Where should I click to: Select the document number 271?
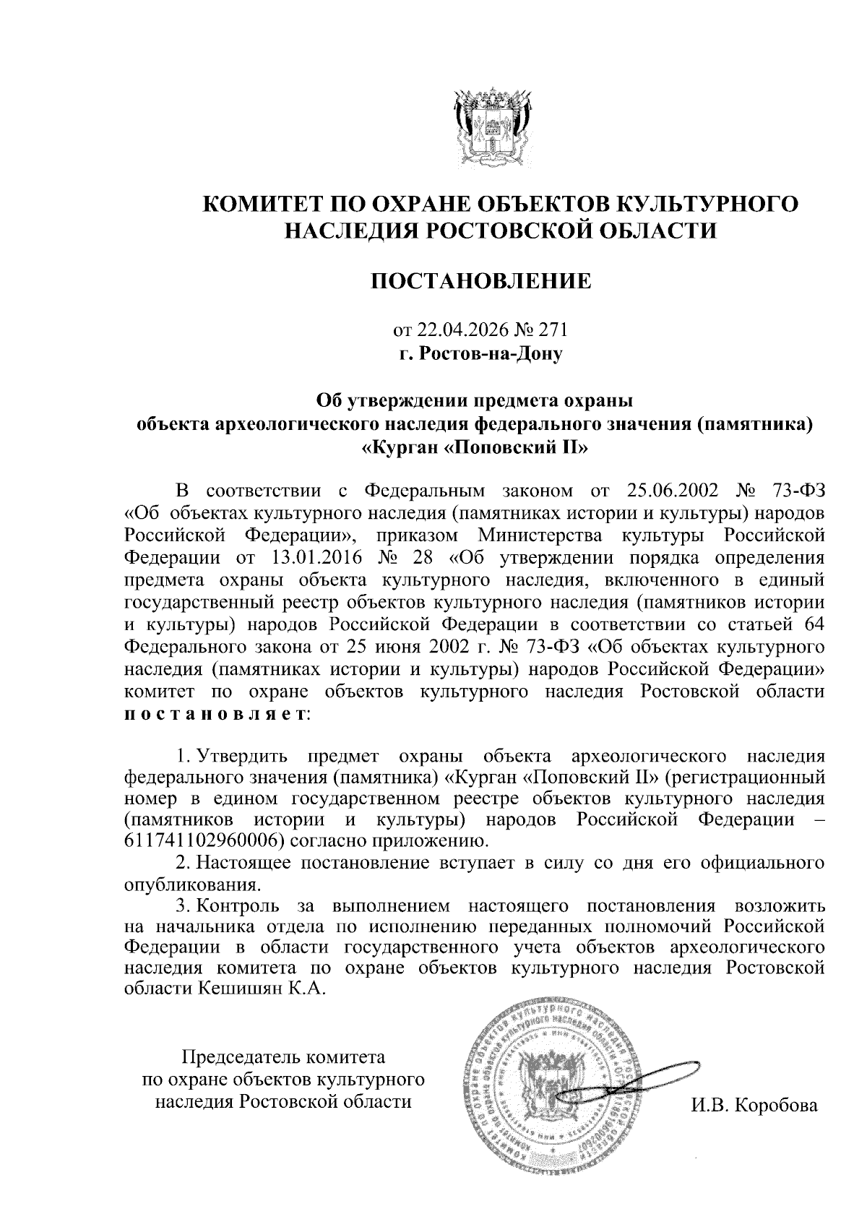tap(553, 330)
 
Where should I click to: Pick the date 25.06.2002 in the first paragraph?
tap(668, 491)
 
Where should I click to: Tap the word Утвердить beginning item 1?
tap(243, 757)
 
